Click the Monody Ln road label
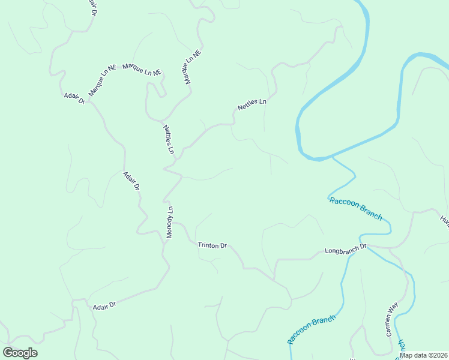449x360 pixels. pos(170,223)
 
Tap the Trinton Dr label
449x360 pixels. pos(212,245)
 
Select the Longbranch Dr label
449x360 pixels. pos(345,249)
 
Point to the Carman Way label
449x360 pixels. pos(391,319)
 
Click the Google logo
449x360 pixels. pos(20,353)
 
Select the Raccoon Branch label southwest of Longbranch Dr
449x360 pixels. pos(310,329)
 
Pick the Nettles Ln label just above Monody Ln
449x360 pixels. pos(168,139)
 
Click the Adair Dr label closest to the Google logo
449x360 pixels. pos(104,306)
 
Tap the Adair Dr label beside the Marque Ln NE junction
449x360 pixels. pos(74,98)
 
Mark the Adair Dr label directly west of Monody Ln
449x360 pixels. pos(131,181)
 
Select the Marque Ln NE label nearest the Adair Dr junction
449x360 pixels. pos(101,81)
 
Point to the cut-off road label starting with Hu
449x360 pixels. pos(444,220)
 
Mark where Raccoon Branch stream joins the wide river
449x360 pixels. pos(331,158)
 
